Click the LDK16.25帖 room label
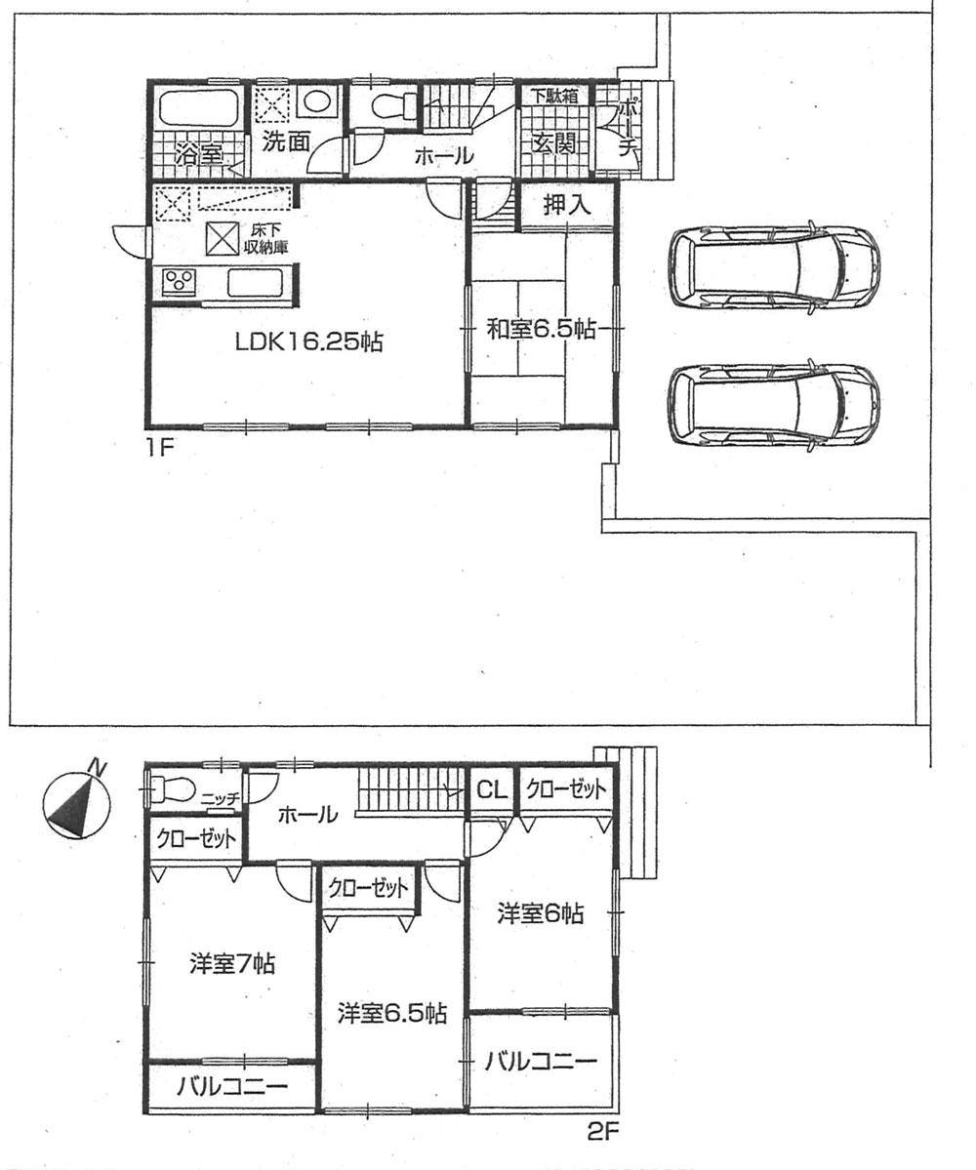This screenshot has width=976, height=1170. point(307,342)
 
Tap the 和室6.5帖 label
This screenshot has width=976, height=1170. point(542,330)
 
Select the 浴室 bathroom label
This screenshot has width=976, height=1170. point(199,154)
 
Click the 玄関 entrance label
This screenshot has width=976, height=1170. point(553,143)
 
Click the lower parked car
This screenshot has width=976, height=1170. point(772,402)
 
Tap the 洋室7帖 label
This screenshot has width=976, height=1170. point(231,964)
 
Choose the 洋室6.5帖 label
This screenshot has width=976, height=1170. point(392,1013)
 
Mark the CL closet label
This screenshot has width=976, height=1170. point(491,789)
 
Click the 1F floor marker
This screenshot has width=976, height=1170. point(161,450)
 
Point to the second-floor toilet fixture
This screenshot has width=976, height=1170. point(170,787)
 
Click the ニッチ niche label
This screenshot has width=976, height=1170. point(222,798)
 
